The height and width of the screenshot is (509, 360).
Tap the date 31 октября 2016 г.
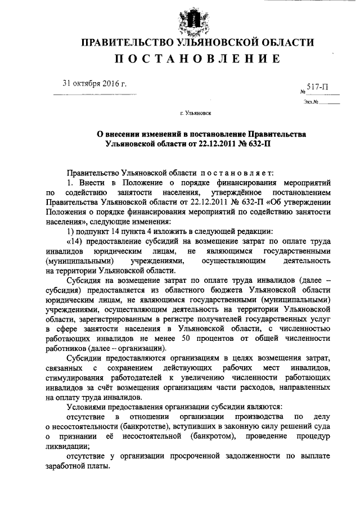(x=94, y=84)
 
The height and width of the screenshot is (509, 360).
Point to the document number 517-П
(x=318, y=87)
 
